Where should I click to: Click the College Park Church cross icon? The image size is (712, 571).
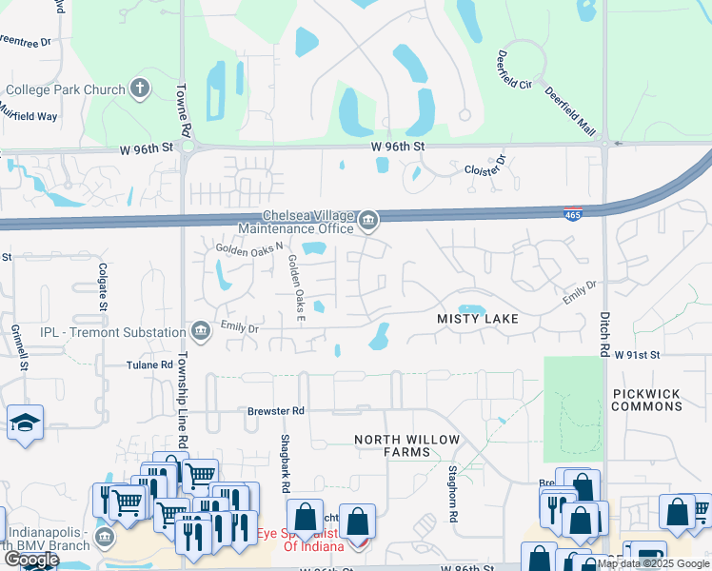[x=140, y=90]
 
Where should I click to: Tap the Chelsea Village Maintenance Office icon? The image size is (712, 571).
[x=367, y=223]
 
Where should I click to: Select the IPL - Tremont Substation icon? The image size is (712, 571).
[x=201, y=331]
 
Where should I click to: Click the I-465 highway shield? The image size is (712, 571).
[x=573, y=214]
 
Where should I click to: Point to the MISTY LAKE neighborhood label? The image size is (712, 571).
[x=478, y=319]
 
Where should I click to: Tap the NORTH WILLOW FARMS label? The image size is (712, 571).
[x=406, y=445]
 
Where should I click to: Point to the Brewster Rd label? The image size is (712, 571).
[x=276, y=411]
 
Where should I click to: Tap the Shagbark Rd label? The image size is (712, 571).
[x=285, y=463]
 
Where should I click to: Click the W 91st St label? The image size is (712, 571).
[x=638, y=354]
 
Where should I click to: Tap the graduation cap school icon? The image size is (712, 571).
[x=25, y=423]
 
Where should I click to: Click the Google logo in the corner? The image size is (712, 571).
[x=31, y=560]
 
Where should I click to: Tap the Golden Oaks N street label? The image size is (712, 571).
[x=250, y=247]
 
